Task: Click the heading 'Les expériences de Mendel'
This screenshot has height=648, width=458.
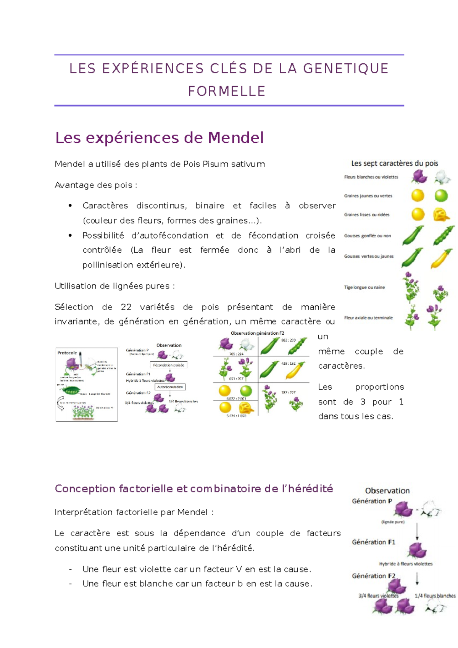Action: point(159,138)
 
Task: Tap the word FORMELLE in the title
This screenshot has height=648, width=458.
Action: point(227,92)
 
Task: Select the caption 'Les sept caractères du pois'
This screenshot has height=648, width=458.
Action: point(394,163)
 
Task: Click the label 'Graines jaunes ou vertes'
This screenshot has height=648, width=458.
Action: point(368,196)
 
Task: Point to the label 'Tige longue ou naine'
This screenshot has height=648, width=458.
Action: point(364,287)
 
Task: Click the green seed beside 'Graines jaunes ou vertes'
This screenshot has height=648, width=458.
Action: point(441,196)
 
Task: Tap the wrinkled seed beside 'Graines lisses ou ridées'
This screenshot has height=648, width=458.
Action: point(441,214)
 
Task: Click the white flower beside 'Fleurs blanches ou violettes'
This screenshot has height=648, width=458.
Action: point(442,177)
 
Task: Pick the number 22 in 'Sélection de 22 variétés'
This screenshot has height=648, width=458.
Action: point(126,307)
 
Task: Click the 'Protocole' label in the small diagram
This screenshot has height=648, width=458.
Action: point(67,353)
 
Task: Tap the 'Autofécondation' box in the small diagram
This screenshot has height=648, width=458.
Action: point(170,387)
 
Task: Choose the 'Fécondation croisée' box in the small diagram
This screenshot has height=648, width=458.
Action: point(169,365)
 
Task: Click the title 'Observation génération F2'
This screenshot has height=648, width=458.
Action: point(257,333)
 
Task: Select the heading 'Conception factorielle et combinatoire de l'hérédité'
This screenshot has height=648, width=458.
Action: point(194,489)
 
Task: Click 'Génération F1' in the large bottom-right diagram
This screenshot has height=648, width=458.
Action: point(373,542)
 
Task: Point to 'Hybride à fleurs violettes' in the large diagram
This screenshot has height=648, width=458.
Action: point(405,564)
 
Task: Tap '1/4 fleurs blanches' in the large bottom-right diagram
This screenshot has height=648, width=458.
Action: point(435,596)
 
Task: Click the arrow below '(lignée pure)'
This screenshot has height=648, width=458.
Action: point(417,531)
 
